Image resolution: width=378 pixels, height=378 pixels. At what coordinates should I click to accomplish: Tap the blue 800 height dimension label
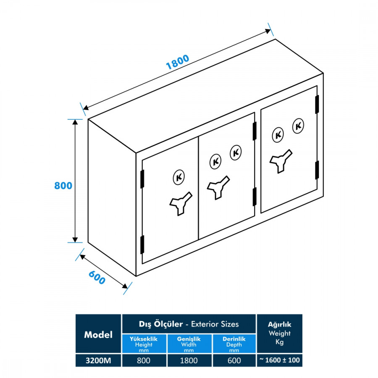pyautogui.click(x=63, y=185)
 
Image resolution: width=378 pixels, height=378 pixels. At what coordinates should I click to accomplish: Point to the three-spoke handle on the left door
pyautogui.click(x=180, y=203)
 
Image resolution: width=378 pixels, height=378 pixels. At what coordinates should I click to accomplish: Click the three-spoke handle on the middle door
pyautogui.click(x=218, y=186)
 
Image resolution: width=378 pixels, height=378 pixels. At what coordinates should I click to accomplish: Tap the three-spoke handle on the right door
pyautogui.click(x=281, y=160)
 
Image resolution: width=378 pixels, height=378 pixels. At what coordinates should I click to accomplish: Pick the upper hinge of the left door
pyautogui.click(x=142, y=178)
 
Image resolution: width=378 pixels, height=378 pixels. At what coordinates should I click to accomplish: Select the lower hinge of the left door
pyautogui.click(x=142, y=244)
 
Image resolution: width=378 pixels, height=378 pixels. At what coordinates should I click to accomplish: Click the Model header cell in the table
pyautogui.click(x=98, y=334)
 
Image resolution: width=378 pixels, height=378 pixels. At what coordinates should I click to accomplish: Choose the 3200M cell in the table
pyautogui.click(x=98, y=360)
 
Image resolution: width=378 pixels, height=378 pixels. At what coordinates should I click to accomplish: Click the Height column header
pyautogui.click(x=144, y=344)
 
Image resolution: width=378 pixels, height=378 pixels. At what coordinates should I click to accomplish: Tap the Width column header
pyautogui.click(x=189, y=344)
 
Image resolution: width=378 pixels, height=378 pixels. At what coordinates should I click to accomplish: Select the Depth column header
pyautogui.click(x=234, y=344)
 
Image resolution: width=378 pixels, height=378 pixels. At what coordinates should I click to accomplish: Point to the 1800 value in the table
pyautogui.click(x=189, y=360)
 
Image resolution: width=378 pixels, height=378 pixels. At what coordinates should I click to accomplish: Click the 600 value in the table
pyautogui.click(x=234, y=360)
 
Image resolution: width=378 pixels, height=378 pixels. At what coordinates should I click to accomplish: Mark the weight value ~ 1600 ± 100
pyautogui.click(x=279, y=360)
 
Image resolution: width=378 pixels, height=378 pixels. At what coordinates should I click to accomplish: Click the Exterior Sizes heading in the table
pyautogui.click(x=189, y=324)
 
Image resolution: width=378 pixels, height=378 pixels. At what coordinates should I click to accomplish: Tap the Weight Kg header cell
pyautogui.click(x=279, y=333)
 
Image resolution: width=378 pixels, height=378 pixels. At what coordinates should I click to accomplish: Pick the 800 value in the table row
pyautogui.click(x=144, y=360)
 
